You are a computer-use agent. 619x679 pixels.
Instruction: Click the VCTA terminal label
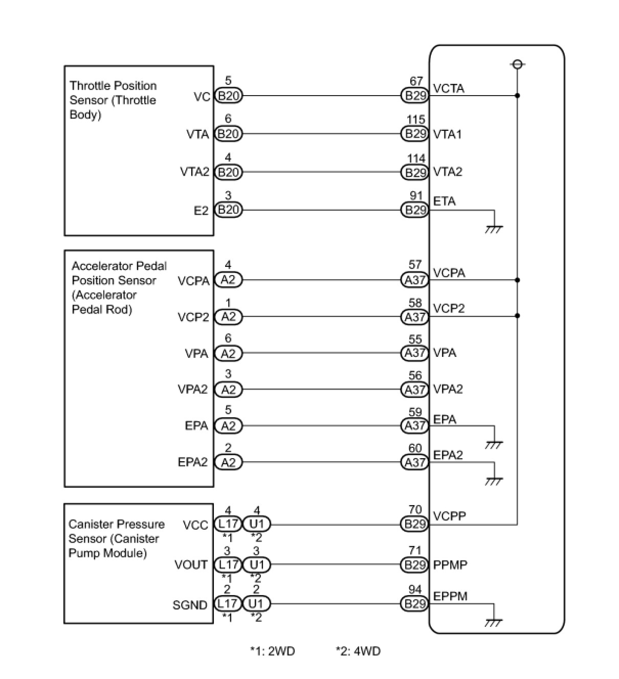click(x=449, y=88)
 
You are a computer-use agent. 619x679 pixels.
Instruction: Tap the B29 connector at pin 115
click(x=415, y=134)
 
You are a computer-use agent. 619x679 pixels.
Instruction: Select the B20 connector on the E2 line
click(x=228, y=210)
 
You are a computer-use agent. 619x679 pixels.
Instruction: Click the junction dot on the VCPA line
click(x=517, y=280)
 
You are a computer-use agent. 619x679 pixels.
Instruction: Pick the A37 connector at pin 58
click(x=415, y=317)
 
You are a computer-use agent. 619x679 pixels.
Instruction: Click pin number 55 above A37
click(x=415, y=339)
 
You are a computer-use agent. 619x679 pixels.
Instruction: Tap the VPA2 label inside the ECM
click(x=448, y=389)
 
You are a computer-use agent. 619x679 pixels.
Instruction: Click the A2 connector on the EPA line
click(x=228, y=426)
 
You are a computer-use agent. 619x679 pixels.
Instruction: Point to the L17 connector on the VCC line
click(x=228, y=524)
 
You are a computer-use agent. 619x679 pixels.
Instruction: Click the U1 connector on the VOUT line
click(x=256, y=564)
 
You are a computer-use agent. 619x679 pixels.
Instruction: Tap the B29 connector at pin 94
click(x=415, y=604)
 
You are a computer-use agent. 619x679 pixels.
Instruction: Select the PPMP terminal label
click(x=450, y=565)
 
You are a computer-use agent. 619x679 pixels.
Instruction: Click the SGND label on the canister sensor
click(x=190, y=605)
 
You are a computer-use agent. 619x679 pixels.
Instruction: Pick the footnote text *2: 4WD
click(x=358, y=651)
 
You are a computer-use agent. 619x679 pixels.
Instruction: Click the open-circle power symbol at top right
click(x=517, y=64)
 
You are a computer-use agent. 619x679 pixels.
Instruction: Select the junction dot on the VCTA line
click(x=517, y=96)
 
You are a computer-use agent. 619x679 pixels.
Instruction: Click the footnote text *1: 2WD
click(x=273, y=651)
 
